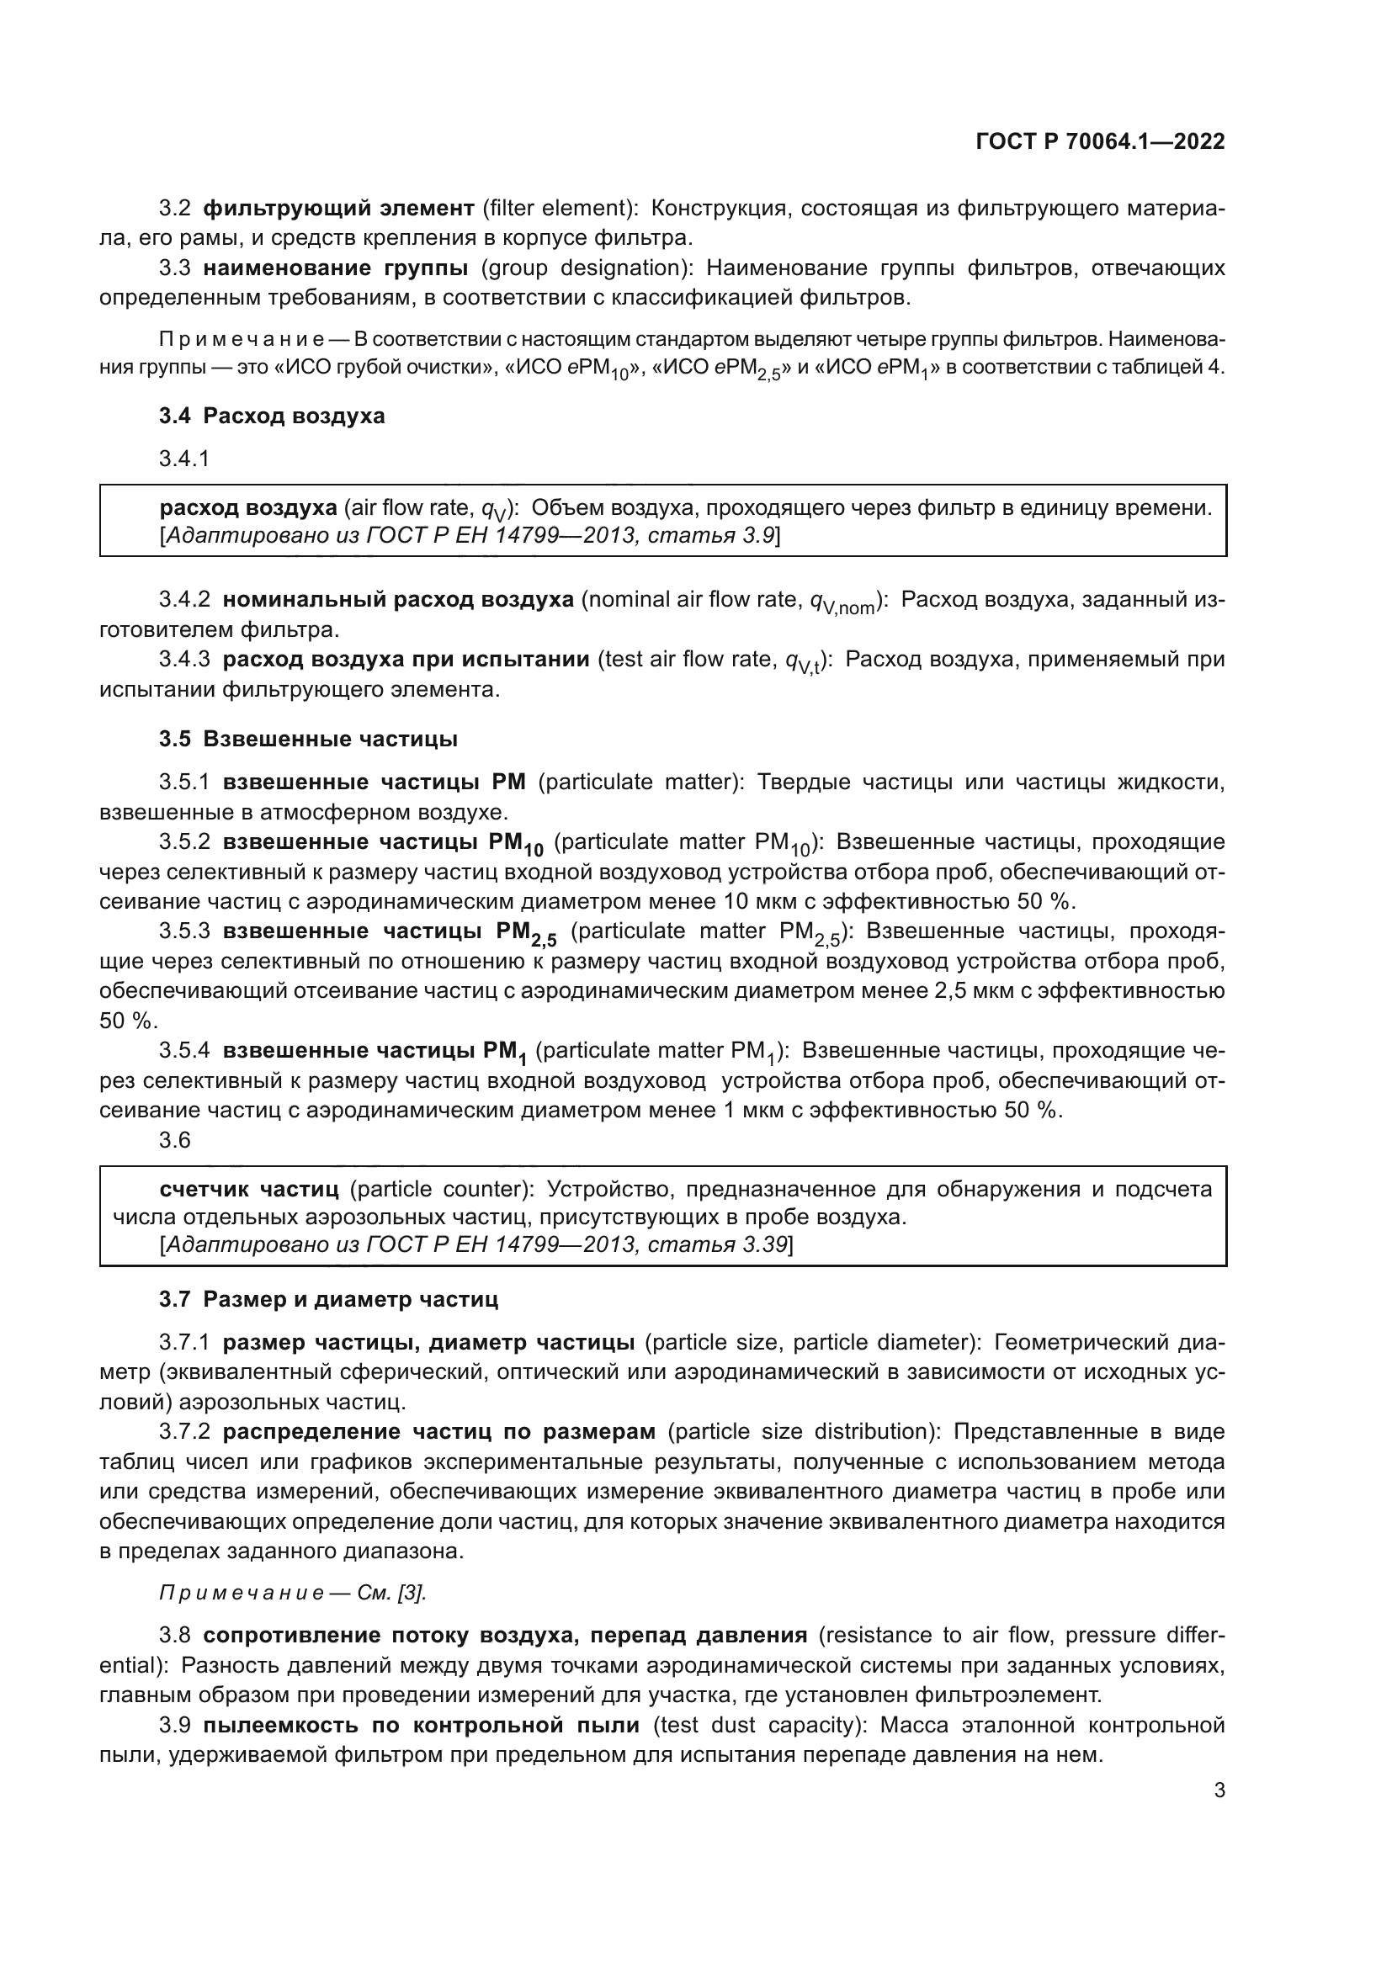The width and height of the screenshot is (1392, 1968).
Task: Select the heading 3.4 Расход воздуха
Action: coord(272,416)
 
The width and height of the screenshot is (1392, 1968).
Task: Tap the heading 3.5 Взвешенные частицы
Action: coord(308,739)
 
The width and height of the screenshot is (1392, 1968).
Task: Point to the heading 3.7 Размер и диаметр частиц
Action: coord(328,1298)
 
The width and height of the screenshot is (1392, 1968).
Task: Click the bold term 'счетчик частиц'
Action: coord(249,1189)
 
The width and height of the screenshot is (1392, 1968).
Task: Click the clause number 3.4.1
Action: coord(184,459)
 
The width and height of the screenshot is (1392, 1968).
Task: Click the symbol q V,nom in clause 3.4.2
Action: coord(842,602)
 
